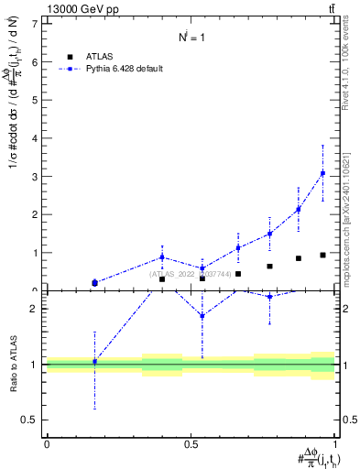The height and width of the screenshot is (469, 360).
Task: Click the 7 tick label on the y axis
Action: [34, 24]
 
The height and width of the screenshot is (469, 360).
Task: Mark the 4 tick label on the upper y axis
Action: [34, 138]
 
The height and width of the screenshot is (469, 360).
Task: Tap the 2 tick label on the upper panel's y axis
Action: [34, 214]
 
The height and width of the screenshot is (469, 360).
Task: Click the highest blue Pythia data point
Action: [322, 173]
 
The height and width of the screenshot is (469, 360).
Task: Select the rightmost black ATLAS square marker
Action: [322, 255]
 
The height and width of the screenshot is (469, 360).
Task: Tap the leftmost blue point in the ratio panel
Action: [94, 362]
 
